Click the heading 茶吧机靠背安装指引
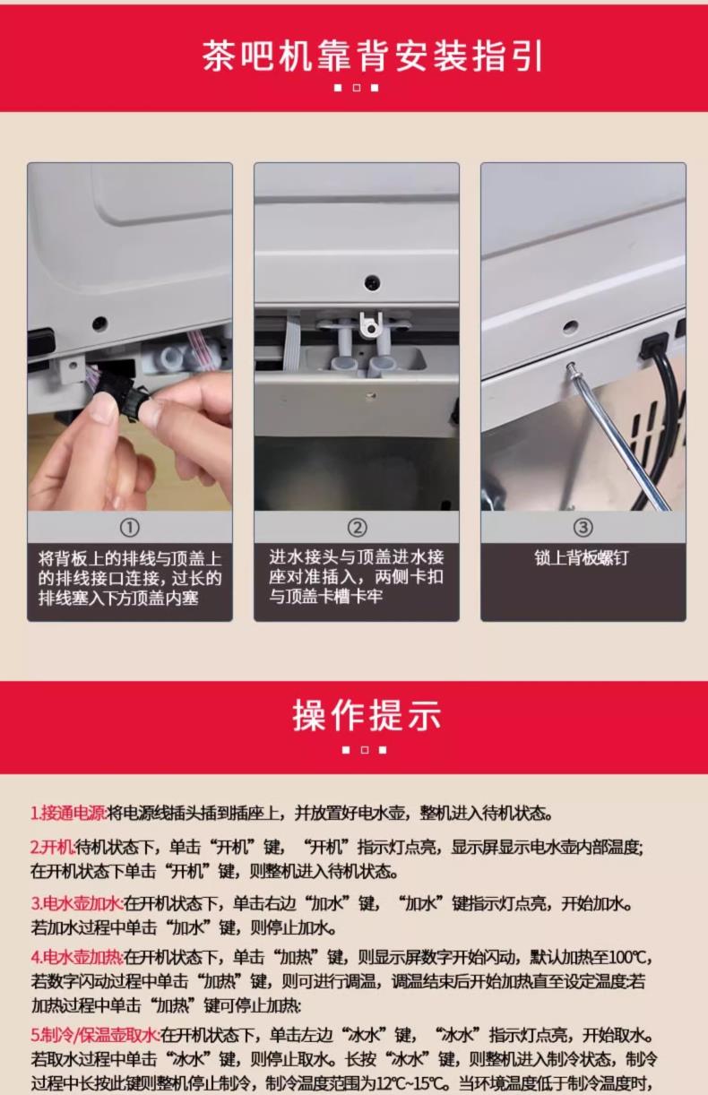pos(373,56)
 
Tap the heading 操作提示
pos(367,715)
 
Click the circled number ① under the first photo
pos(130,528)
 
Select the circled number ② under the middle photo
pos(357,528)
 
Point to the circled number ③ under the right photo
pos(583,528)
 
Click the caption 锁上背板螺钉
pos(581,557)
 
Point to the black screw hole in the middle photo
pos(372,282)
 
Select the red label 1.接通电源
pos(68,813)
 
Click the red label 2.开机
pos(53,847)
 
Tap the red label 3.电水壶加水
pos(77,903)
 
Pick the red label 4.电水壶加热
pos(77,957)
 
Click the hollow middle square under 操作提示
pos(364,750)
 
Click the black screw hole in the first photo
pos(99,323)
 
